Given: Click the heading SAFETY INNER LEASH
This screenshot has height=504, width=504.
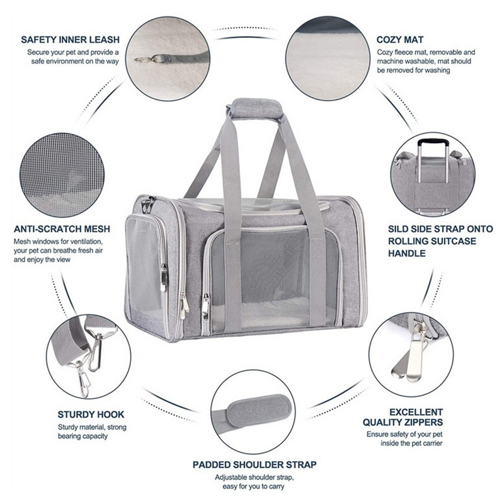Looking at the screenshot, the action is [x=70, y=40].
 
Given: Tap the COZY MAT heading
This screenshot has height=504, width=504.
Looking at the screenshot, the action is [x=400, y=40].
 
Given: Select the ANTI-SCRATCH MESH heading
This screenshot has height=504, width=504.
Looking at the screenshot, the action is [x=62, y=229].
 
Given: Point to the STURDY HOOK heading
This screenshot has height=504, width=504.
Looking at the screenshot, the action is [x=91, y=415].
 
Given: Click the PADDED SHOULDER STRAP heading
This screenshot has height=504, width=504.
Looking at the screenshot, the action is [x=255, y=464].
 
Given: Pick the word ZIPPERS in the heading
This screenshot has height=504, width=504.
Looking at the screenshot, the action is [x=422, y=422].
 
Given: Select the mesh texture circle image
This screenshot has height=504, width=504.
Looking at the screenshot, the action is [x=62, y=175].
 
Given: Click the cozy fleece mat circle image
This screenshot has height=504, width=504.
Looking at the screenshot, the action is [x=328, y=59].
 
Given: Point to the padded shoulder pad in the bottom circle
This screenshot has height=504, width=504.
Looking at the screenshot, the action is [x=259, y=411].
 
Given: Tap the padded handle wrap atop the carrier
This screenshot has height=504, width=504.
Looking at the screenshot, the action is [x=255, y=109].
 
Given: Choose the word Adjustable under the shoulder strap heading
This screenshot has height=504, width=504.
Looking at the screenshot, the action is [x=231, y=478].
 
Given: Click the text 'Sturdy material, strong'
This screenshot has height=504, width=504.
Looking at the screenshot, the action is [x=92, y=427].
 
